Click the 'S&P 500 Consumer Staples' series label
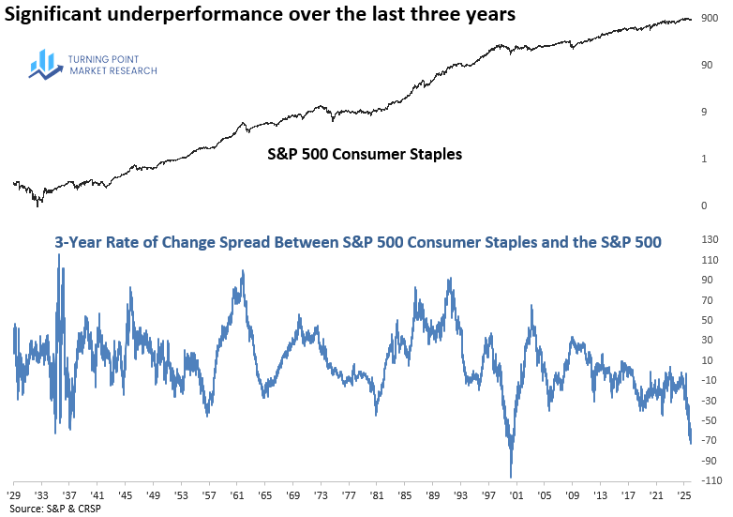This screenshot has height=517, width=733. (360, 153)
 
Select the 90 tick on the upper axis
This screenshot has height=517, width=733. (708, 65)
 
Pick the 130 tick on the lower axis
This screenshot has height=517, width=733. (711, 242)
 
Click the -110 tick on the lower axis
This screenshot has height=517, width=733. (709, 479)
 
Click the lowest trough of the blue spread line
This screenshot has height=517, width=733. (512, 477)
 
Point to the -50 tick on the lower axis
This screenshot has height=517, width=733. (709, 420)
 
